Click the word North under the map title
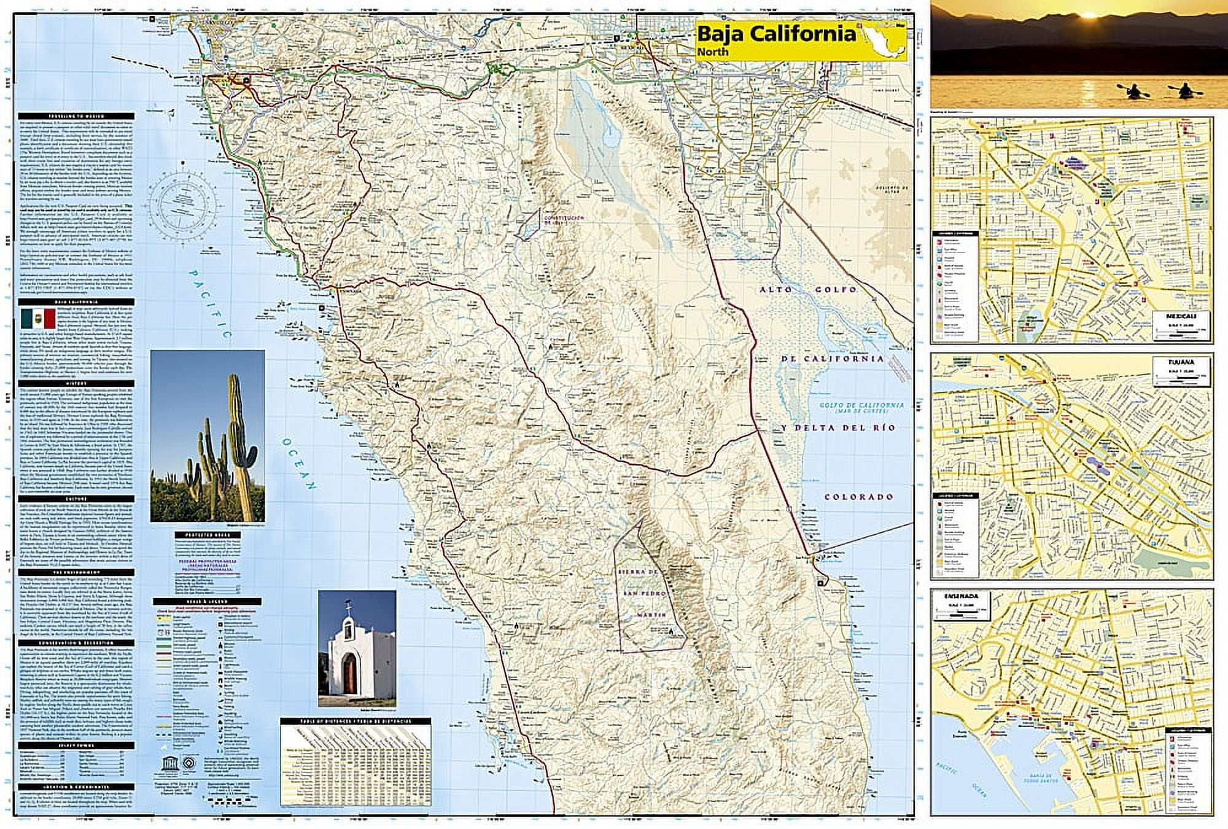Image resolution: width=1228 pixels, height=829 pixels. pyautogui.click(x=712, y=52)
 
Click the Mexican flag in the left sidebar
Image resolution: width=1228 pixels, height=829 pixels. pyautogui.click(x=38, y=319)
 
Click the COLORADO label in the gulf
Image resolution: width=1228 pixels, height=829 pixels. pyautogui.click(x=858, y=497)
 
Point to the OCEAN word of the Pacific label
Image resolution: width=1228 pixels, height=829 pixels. pyautogui.click(x=299, y=464)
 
